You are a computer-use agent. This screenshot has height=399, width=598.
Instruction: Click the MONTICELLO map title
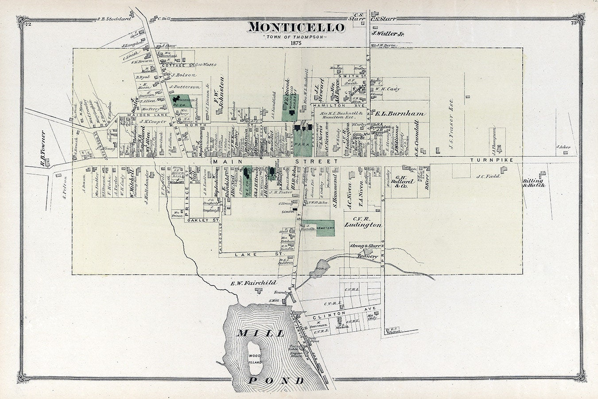click(x=296, y=27)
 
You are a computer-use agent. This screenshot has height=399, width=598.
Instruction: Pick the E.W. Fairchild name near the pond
click(x=253, y=282)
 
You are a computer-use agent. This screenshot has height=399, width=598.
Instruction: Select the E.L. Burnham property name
click(x=400, y=113)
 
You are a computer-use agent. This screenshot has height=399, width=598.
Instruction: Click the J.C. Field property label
click(x=488, y=176)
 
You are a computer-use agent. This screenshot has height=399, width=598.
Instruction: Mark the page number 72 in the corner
click(x=28, y=23)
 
